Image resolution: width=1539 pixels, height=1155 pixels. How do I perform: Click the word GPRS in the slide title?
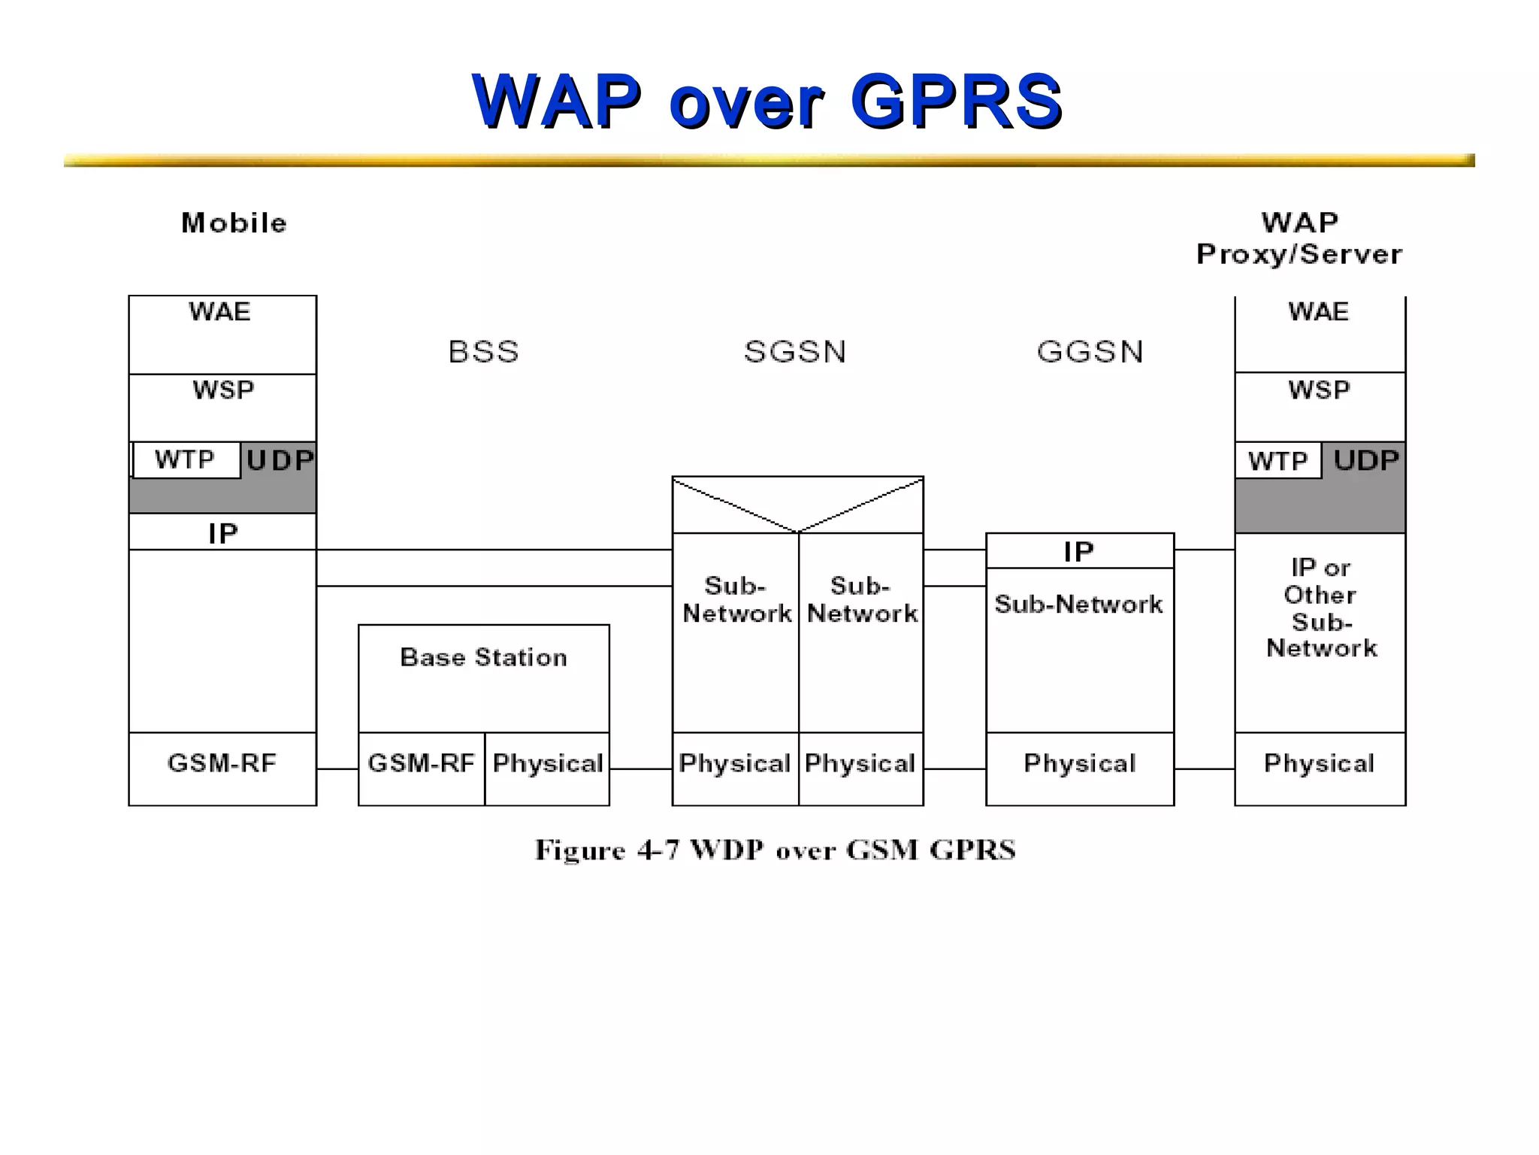coord(956,102)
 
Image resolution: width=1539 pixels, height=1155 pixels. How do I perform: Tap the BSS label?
coord(483,352)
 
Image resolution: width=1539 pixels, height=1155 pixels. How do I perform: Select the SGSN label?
coord(795,352)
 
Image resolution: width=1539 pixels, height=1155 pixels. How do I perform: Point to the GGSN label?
coord(1090,352)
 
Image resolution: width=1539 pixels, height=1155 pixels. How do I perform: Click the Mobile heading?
coord(234,223)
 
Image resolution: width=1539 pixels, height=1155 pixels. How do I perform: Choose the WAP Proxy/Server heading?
coord(1299,238)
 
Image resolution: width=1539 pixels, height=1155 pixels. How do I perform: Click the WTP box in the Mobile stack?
coord(186,459)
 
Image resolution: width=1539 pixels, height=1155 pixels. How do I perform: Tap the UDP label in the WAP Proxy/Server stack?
coord(1366,460)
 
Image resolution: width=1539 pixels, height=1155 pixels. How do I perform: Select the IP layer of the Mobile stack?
coord(222,533)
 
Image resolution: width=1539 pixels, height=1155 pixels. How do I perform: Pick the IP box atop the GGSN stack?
coord(1079,551)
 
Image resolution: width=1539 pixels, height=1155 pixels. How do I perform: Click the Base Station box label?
coord(483,657)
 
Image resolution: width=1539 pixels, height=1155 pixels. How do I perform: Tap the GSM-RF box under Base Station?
coord(421,763)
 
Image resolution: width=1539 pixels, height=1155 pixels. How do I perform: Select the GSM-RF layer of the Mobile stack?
coord(222,763)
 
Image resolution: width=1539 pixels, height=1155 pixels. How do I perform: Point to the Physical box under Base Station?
coord(548,763)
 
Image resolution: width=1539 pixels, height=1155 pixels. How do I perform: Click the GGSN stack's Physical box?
coord(1079,764)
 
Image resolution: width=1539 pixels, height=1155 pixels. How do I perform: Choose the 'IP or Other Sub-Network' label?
coord(1320,608)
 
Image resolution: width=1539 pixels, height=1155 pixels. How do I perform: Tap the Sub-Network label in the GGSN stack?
coord(1079,604)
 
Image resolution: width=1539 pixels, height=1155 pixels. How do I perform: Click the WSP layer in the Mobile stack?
coord(222,390)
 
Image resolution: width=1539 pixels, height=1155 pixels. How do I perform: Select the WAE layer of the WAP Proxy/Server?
coord(1319,312)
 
